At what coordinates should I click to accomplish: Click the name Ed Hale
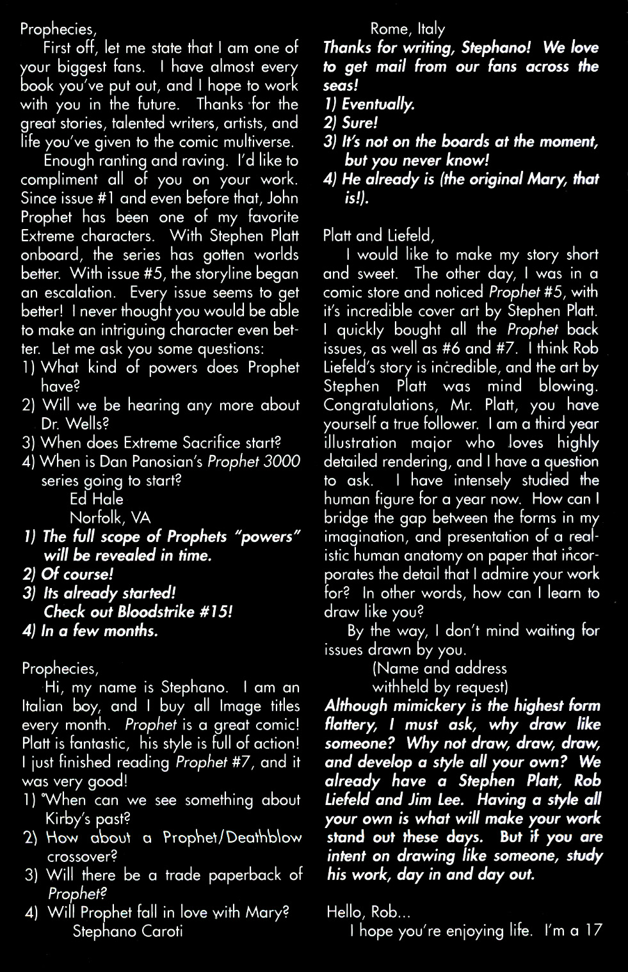tap(96, 499)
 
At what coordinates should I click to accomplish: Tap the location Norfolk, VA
tap(110, 518)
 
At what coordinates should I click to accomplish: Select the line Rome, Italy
tap(407, 29)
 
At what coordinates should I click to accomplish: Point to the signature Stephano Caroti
tap(127, 931)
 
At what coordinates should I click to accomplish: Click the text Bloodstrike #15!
tap(175, 612)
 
